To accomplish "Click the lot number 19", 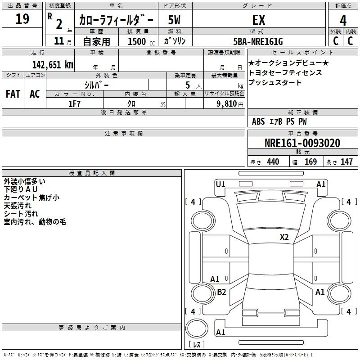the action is tap(22, 18).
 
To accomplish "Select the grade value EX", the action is tap(258, 20).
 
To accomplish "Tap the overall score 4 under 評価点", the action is tap(343, 21).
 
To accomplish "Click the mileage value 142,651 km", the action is tap(53, 65).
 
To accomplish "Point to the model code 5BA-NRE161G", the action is tap(258, 41).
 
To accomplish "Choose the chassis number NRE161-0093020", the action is tap(302, 143).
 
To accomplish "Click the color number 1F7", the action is tap(74, 104).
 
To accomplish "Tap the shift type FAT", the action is tap(13, 94).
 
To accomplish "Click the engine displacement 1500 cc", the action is tap(141, 42).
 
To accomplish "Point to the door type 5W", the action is tap(174, 20).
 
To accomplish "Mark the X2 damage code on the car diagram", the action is tap(284, 237).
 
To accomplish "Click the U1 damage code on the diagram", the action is tap(220, 184).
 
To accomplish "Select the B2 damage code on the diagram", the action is tap(221, 292).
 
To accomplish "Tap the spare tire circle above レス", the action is tap(197, 328).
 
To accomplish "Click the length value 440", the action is tap(273, 162).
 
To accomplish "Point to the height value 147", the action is tap(346, 162).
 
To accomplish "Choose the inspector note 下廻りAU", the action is tap(21, 189).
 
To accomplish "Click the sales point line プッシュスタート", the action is tap(274, 82).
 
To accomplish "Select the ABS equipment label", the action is tap(258, 121).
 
